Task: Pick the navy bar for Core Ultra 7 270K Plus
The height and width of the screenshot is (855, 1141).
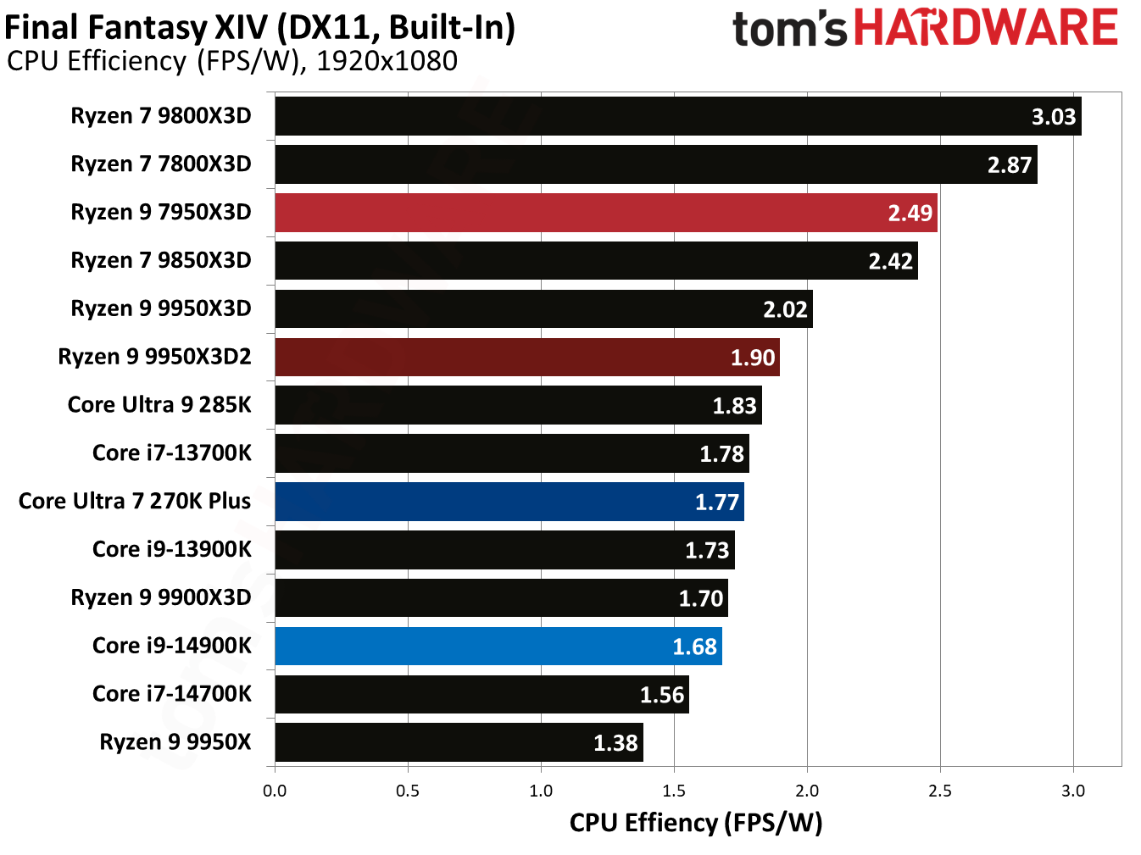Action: pyautogui.click(x=509, y=502)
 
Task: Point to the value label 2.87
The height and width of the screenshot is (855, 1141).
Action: pyautogui.click(x=1009, y=165)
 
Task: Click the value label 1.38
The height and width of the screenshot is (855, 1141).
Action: pyautogui.click(x=615, y=743)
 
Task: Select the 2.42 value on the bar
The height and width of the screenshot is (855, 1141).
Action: pyautogui.click(x=890, y=262)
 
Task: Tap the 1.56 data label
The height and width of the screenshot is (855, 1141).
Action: pyautogui.click(x=661, y=695)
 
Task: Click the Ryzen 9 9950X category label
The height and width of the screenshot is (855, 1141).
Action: pyautogui.click(x=175, y=742)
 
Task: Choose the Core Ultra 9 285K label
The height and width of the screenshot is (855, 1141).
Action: pyautogui.click(x=159, y=405)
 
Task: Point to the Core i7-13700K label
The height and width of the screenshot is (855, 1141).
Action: pyautogui.click(x=172, y=453)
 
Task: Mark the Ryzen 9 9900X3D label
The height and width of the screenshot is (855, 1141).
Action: pyautogui.click(x=161, y=598)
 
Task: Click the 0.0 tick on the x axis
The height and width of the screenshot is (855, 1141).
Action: pyautogui.click(x=275, y=791)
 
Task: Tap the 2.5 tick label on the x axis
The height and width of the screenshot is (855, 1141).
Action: pyautogui.click(x=939, y=791)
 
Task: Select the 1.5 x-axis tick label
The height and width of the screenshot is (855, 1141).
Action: pyautogui.click(x=674, y=791)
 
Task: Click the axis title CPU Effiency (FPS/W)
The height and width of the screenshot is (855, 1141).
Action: pyautogui.click(x=695, y=823)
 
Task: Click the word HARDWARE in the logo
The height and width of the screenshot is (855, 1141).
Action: pyautogui.click(x=985, y=28)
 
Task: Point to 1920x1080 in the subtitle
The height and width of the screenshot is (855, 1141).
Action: pyautogui.click(x=387, y=61)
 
